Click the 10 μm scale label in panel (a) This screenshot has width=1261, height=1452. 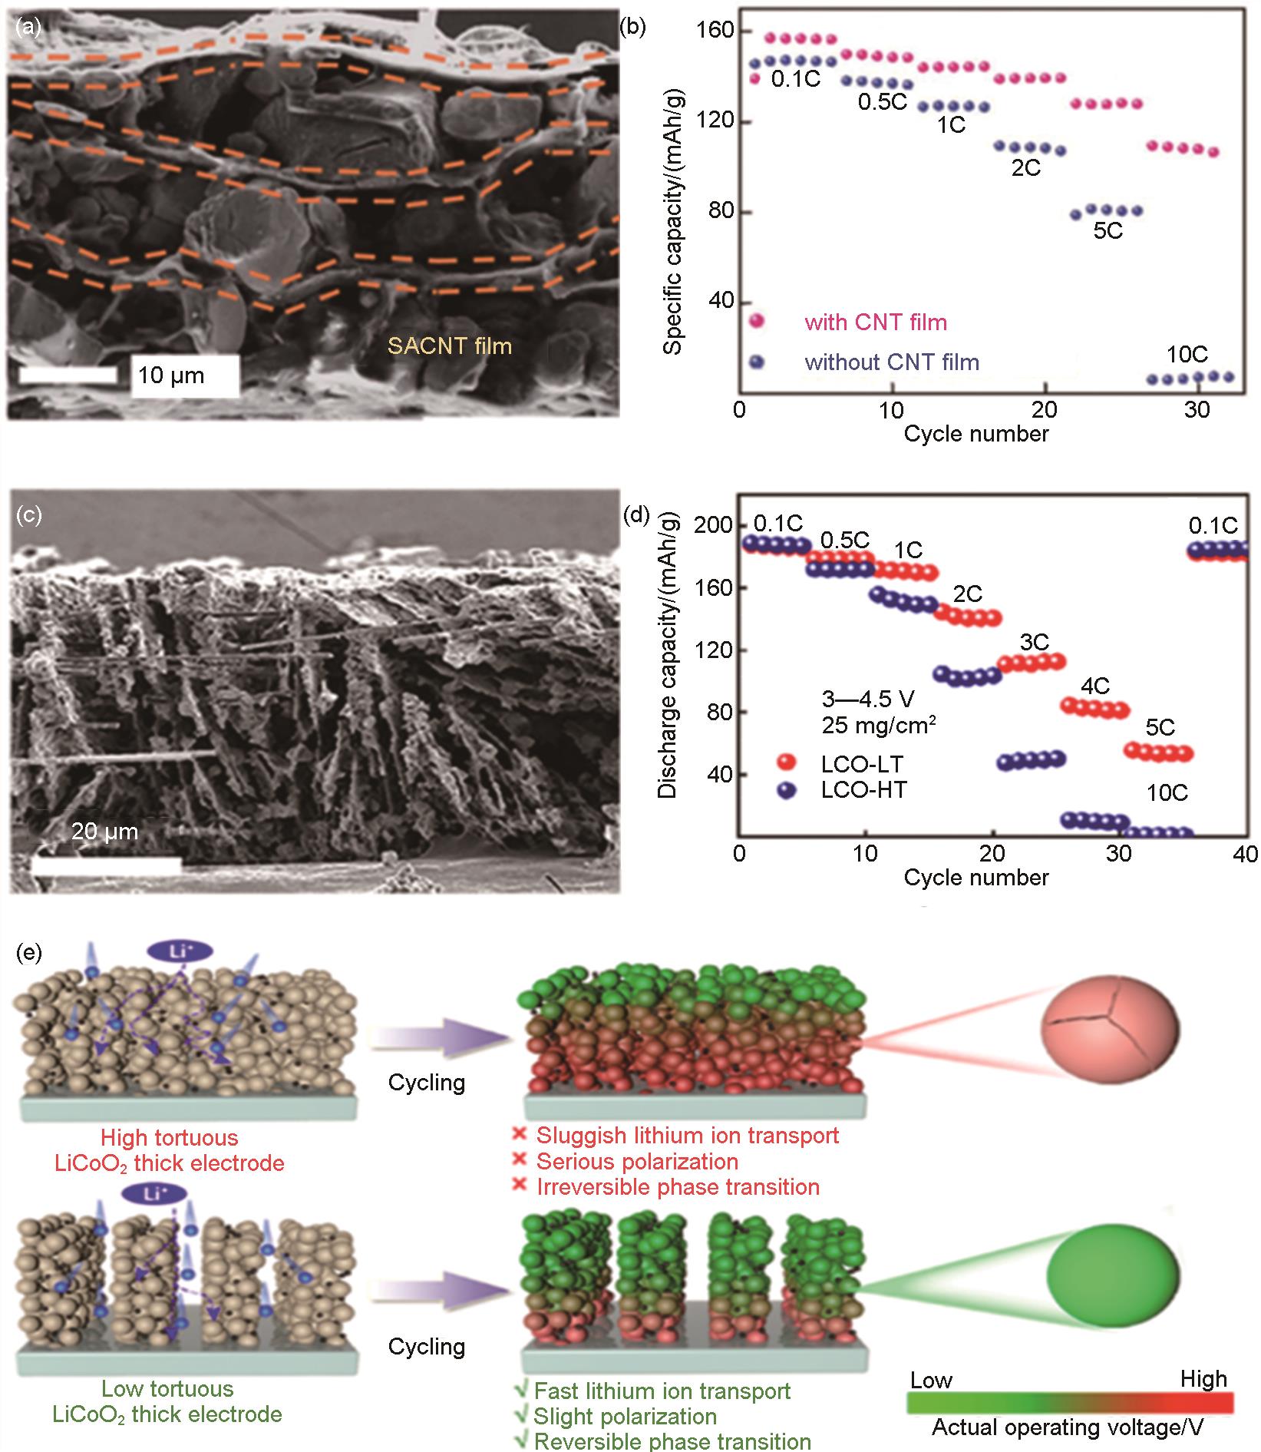pos(172,375)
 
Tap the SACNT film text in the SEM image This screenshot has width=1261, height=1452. pos(450,346)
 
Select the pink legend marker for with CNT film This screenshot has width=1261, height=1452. pos(758,322)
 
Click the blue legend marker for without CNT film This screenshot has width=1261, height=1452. pos(758,362)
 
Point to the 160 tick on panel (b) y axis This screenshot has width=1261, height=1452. pos(715,31)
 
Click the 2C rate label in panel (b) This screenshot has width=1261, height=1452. pos(1025,168)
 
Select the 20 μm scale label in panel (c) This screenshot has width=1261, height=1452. pos(105,831)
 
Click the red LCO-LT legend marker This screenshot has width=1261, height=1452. pos(787,762)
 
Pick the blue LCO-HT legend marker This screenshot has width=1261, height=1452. pos(787,790)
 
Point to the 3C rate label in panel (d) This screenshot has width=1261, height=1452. pos(1034,641)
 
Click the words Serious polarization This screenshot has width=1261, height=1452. pos(637,1161)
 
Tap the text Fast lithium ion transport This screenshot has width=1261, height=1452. pos(662,1391)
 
